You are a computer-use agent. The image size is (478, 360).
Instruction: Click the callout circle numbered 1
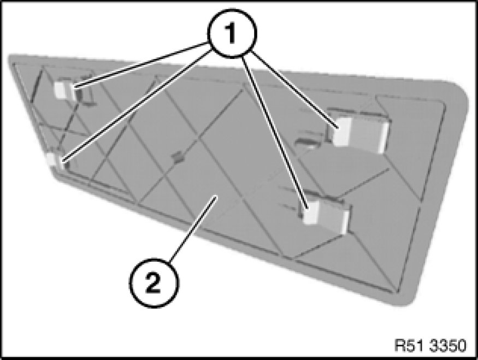(232, 33)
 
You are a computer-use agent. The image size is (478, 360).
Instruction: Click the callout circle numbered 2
(154, 282)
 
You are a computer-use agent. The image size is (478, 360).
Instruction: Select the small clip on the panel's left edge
(54, 160)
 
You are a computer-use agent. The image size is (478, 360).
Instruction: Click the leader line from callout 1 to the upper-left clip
(141, 65)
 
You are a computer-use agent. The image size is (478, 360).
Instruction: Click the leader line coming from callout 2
(193, 229)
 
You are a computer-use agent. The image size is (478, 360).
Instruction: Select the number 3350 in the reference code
(448, 345)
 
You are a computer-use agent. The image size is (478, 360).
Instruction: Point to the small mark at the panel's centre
(178, 157)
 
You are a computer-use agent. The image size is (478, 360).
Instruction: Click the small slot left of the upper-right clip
(308, 141)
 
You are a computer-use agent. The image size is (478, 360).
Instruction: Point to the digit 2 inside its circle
(154, 283)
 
